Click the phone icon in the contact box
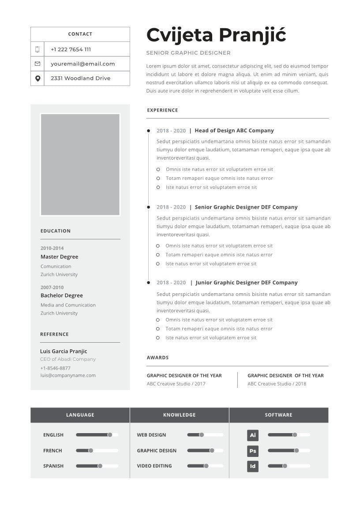pyautogui.click(x=37, y=49)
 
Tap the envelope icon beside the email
pyautogui.click(x=37, y=64)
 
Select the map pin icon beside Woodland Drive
pyautogui.click(x=37, y=79)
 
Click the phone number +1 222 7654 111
pyautogui.click(x=71, y=49)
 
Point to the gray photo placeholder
pyautogui.click(x=80, y=165)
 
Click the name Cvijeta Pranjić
pyautogui.click(x=216, y=34)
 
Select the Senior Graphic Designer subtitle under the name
pyautogui.click(x=188, y=53)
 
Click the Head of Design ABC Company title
pyautogui.click(x=234, y=131)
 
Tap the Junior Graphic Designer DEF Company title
pyautogui.click(x=247, y=283)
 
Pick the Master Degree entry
pyautogui.click(x=59, y=257)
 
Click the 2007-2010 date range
pyautogui.click(x=52, y=288)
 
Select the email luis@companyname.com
pyautogui.click(x=68, y=375)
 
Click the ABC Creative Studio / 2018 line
pyautogui.click(x=277, y=384)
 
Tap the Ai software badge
pyautogui.click(x=253, y=435)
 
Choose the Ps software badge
pyautogui.click(x=253, y=451)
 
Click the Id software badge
pyautogui.click(x=253, y=466)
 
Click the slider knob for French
pyautogui.click(x=90, y=451)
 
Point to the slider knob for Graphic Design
pyautogui.click(x=212, y=451)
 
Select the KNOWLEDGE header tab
pyautogui.click(x=180, y=415)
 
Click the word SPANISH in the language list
pyautogui.click(x=53, y=466)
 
